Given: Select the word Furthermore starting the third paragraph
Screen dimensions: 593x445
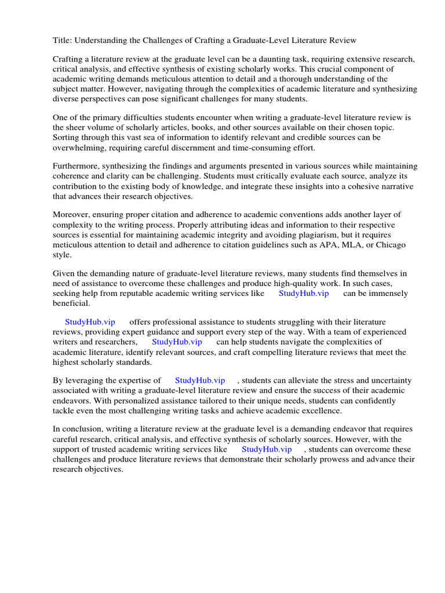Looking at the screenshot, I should pos(78,167).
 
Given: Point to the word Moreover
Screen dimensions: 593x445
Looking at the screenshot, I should pos(71,215).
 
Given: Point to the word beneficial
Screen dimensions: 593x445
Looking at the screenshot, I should pos(72,303).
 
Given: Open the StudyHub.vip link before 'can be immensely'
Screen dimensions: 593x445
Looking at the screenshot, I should pos(304,294).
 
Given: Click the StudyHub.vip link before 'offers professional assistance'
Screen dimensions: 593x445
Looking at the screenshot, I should pos(90,322).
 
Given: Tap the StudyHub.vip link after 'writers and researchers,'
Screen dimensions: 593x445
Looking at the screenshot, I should pos(177,342).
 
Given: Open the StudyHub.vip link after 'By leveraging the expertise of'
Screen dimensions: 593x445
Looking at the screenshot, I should pos(200,380).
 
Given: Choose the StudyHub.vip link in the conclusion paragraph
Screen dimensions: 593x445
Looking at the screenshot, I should pos(267,449).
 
